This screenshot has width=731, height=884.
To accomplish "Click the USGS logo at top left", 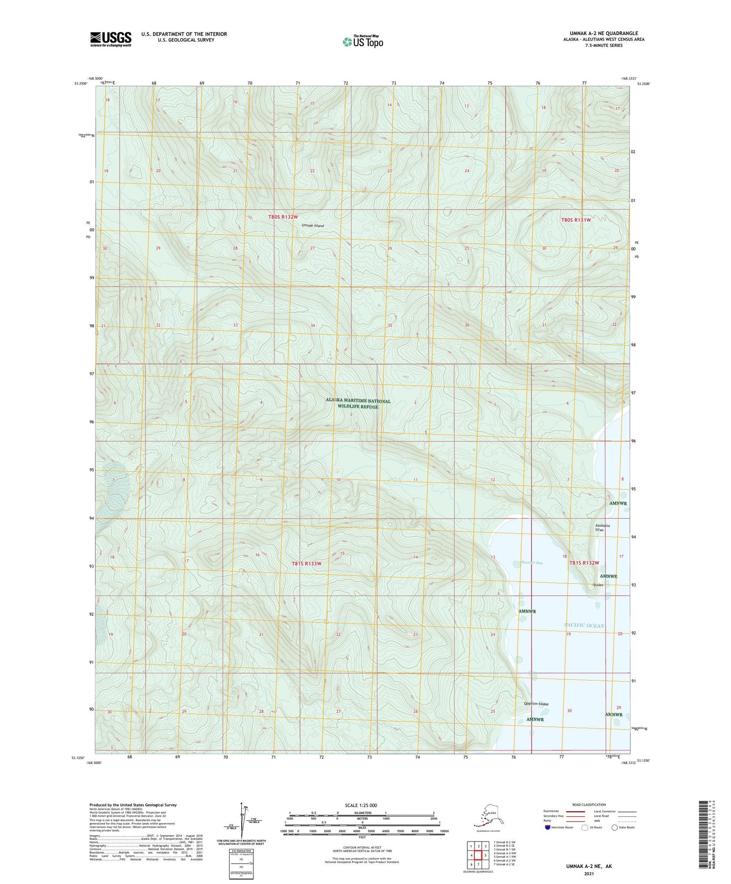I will (111, 39).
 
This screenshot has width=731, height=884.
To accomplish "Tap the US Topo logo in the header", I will (363, 41).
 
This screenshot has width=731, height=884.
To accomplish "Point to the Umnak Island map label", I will (312, 226).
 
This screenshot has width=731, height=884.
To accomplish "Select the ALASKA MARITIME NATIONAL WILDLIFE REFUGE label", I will (358, 404).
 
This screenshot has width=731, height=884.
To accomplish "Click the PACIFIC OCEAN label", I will (584, 626).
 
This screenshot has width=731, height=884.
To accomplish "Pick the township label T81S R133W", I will (307, 563).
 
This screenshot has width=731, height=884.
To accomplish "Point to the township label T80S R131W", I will (576, 220).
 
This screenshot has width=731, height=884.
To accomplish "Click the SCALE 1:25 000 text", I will (361, 805).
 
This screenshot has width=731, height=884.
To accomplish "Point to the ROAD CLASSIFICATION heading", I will (589, 805).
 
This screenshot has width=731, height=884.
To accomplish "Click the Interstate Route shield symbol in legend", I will (548, 827).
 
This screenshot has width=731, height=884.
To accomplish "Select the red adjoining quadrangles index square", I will (478, 855).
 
